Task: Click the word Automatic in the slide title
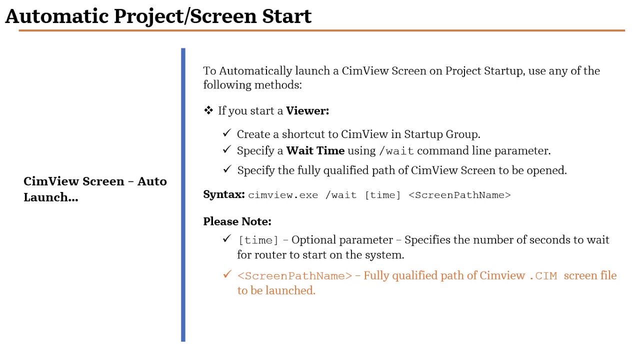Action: click(x=57, y=16)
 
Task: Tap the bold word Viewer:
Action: click(x=307, y=111)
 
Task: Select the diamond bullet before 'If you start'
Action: click(x=208, y=110)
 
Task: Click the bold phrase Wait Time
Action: click(x=315, y=151)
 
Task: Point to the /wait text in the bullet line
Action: click(x=396, y=151)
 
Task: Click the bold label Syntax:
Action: click(x=224, y=194)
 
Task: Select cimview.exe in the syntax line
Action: click(x=283, y=195)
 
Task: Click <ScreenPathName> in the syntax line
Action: click(x=459, y=195)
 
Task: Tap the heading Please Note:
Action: click(x=237, y=221)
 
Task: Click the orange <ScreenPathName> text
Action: click(x=294, y=276)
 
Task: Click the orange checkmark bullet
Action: click(x=227, y=274)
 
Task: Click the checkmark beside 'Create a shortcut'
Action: click(x=227, y=133)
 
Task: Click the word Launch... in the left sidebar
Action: click(x=50, y=197)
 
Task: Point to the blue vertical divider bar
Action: click(x=183, y=195)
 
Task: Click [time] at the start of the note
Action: click(x=258, y=240)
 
